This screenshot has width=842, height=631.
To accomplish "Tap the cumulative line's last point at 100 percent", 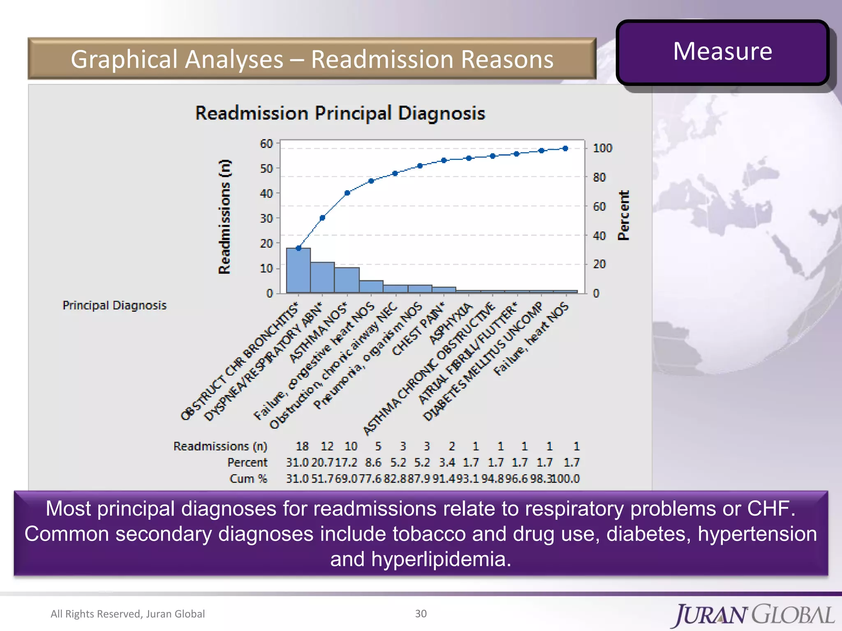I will tap(565, 148).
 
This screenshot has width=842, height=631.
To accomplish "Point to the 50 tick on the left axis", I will tap(266, 168).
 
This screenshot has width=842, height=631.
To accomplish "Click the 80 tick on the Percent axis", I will tap(599, 177).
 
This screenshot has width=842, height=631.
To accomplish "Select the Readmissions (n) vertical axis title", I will tap(224, 216).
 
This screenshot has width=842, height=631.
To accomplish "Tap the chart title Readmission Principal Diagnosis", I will tap(340, 113).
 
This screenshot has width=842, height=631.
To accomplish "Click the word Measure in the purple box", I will tap(722, 51).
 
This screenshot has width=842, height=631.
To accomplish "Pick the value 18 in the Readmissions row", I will tap(302, 446).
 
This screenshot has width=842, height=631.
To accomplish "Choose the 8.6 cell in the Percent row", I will tap(373, 463).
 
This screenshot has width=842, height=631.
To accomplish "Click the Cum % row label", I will tap(248, 479).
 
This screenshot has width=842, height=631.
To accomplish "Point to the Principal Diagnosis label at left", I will tap(114, 305).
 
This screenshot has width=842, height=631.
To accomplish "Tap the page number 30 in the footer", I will tap(421, 613).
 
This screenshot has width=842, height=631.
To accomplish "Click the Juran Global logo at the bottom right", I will tap(754, 615).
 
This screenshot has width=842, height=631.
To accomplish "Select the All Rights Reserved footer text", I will tap(127, 614).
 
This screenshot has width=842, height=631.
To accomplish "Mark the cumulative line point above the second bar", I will tap(322, 218).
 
